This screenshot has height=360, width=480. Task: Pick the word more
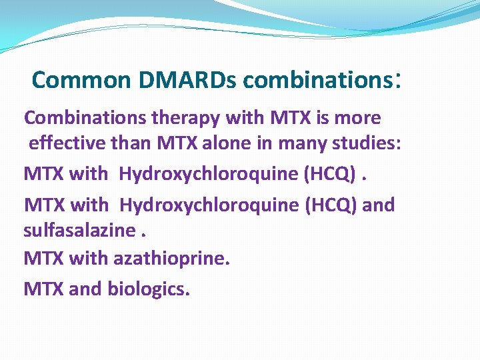coord(357,118)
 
